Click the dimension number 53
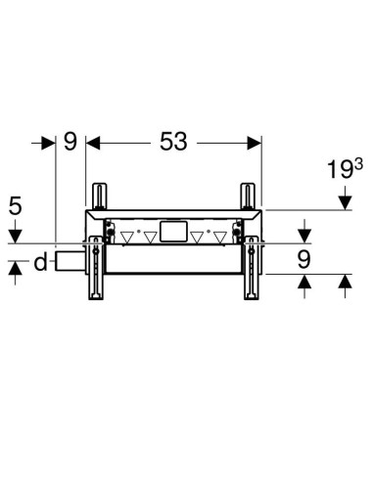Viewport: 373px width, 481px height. (x=172, y=143)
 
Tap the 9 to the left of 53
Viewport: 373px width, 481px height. (x=70, y=143)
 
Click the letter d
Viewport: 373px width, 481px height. (x=40, y=262)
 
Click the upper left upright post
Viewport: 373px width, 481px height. (x=99, y=194)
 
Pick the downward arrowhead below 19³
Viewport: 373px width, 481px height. (x=345, y=201)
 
